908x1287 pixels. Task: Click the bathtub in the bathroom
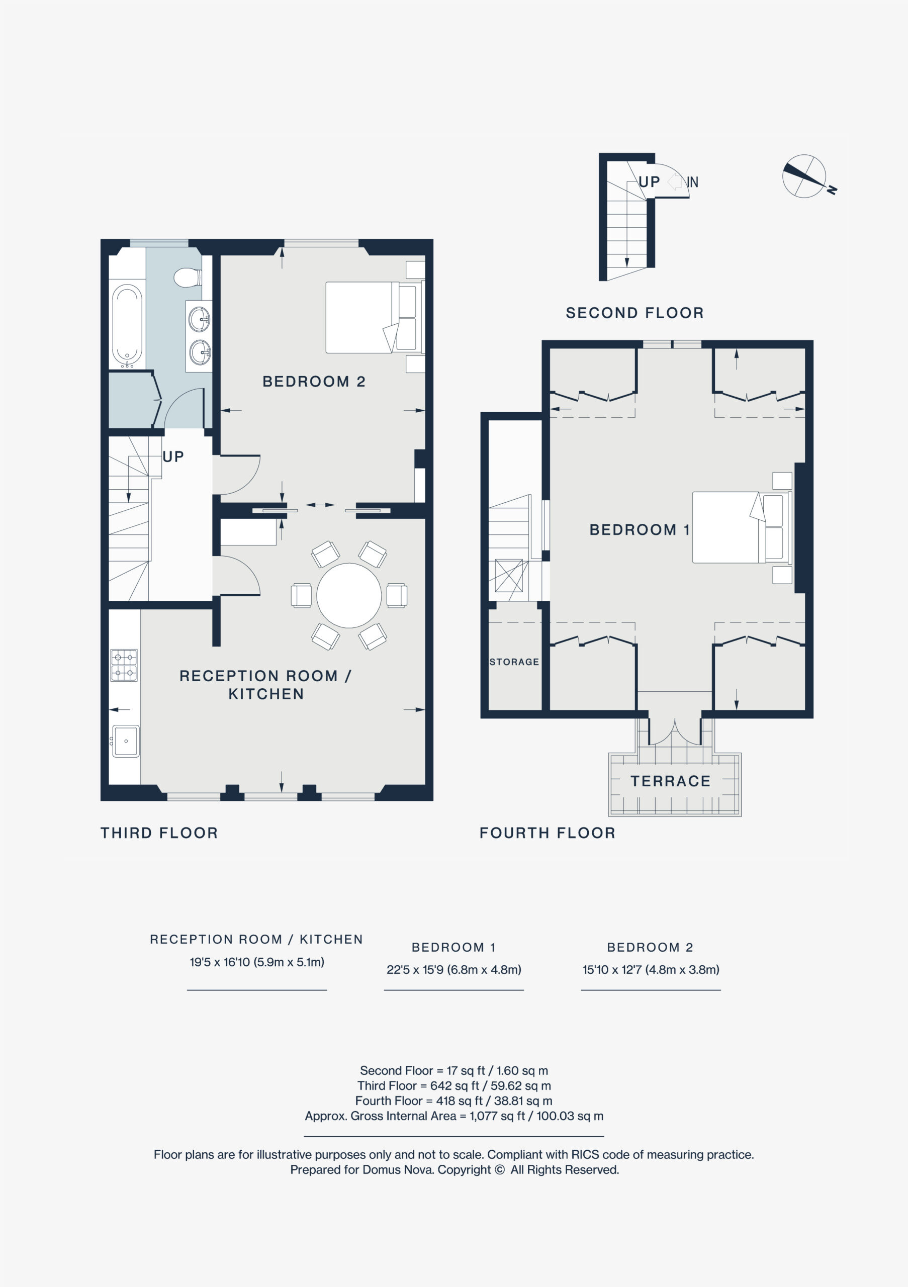(127, 325)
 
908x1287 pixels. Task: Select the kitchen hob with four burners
(124, 665)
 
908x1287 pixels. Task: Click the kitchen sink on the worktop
(126, 741)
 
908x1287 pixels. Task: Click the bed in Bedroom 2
(375, 317)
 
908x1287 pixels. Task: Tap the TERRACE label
(670, 781)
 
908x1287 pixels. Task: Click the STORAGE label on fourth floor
(514, 662)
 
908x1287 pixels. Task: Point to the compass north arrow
(805, 176)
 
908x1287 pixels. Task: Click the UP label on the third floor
(173, 457)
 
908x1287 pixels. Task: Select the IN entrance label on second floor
(693, 182)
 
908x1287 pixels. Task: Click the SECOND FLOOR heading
(634, 313)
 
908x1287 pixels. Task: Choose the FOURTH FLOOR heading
(548, 833)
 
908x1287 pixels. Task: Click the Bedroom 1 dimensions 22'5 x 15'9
(454, 970)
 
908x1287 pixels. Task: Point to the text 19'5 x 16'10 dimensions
(257, 962)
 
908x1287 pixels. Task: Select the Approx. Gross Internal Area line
(454, 1116)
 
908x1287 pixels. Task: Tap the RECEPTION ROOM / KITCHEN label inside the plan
(265, 685)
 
